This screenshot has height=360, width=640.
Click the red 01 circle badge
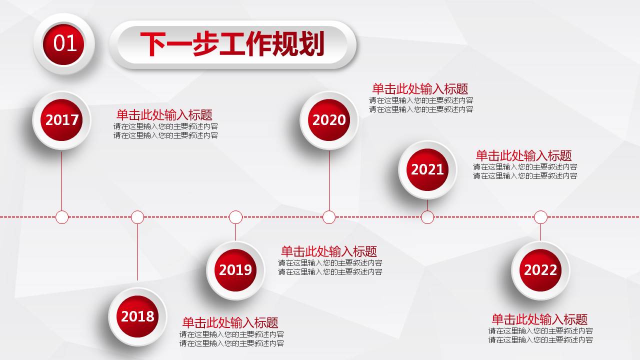[x=64, y=43]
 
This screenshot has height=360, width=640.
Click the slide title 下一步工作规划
[x=232, y=44]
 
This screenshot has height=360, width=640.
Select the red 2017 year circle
[x=62, y=120]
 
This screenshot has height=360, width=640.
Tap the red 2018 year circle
[x=137, y=316]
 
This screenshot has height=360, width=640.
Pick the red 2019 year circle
[x=235, y=270]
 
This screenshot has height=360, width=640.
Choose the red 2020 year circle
[x=329, y=120]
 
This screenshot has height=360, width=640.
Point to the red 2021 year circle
[x=427, y=169]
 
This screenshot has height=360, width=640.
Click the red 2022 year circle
[x=540, y=270]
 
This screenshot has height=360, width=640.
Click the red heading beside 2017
[x=164, y=114]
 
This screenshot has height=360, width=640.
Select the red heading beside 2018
[x=230, y=322]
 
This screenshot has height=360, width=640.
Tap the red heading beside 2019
[x=329, y=251]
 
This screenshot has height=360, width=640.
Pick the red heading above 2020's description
[x=420, y=89]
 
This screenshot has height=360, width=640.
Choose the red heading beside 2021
[x=523, y=155]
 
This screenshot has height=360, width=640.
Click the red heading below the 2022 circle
[x=539, y=319]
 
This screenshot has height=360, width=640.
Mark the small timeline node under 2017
[x=62, y=217]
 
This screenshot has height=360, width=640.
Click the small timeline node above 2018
[x=137, y=217]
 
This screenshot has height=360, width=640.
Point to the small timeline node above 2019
[x=235, y=217]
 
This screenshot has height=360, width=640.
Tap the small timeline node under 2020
[x=329, y=217]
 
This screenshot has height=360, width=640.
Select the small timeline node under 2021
[x=427, y=217]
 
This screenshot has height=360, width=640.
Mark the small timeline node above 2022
[x=540, y=217]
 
